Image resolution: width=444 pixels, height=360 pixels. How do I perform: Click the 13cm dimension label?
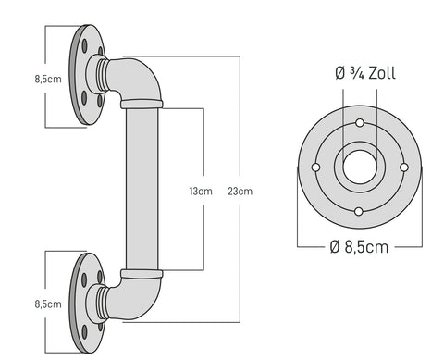click(201, 192)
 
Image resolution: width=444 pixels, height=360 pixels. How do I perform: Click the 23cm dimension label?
click(240, 192)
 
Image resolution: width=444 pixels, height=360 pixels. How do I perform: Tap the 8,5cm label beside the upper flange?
click(48, 79)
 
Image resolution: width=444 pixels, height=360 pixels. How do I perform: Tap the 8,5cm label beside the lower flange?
click(48, 304)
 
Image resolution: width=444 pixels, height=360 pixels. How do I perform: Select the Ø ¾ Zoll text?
click(365, 73)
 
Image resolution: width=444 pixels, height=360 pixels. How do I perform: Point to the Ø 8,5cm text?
click(359, 247)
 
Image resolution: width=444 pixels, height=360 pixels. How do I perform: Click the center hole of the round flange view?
click(360, 167)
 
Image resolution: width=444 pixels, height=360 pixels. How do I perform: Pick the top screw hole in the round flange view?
click(360, 123)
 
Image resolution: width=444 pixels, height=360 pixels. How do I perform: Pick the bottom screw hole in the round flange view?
click(359, 212)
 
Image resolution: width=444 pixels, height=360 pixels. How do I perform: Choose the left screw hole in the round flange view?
click(315, 168)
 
